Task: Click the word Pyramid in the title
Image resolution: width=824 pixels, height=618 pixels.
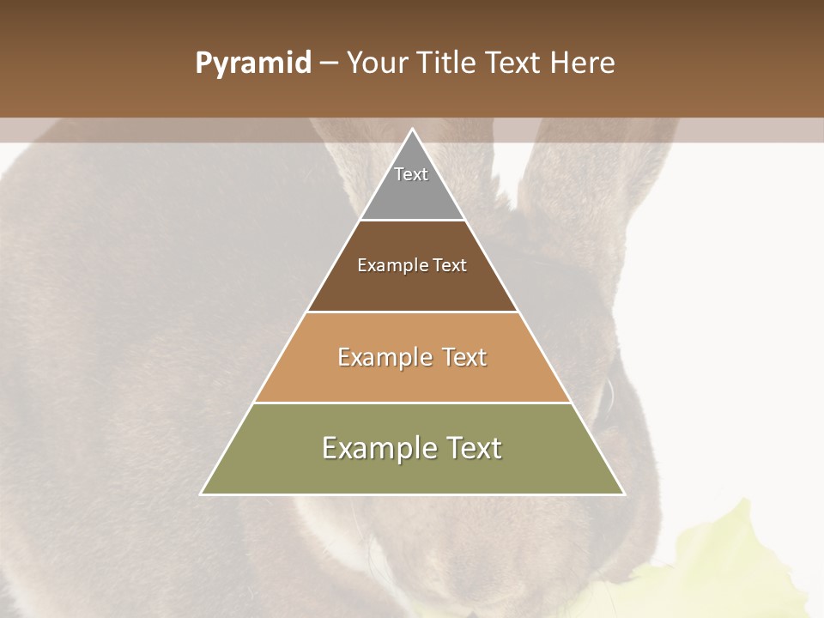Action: (252, 64)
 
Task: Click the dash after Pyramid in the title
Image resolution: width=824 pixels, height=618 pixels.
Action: (328, 64)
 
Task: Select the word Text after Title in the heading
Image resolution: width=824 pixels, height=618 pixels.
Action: (516, 64)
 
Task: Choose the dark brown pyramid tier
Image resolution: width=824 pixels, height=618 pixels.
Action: (412, 288)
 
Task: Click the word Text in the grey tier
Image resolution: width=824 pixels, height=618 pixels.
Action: (411, 174)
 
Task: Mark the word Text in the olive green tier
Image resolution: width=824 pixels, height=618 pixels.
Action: (471, 448)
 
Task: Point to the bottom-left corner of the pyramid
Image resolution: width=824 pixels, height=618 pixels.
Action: (202, 494)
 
